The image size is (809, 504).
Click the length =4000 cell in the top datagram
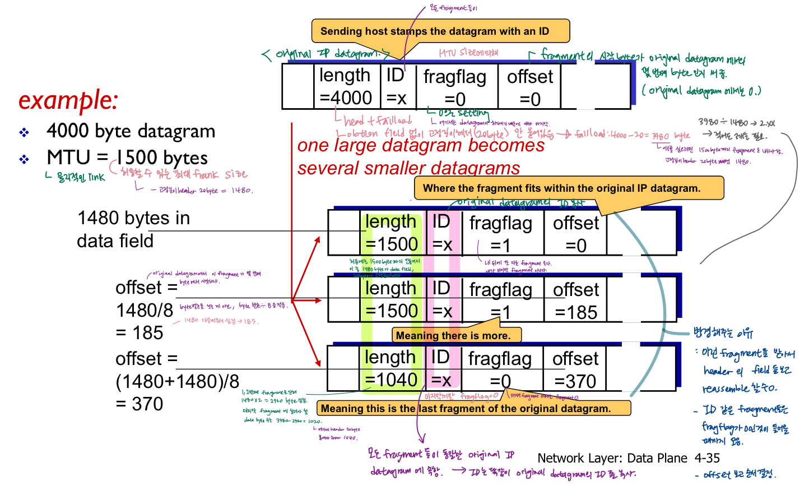click(x=346, y=86)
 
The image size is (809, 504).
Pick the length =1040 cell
click(x=391, y=368)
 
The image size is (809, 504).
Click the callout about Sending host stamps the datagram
click(x=435, y=31)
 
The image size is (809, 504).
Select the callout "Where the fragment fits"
click(x=562, y=188)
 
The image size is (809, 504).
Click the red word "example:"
click(x=68, y=100)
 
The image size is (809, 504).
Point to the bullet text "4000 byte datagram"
click(x=131, y=131)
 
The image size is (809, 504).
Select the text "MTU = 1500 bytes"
click(x=127, y=158)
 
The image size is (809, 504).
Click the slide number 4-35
click(x=707, y=458)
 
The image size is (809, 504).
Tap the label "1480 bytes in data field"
click(x=133, y=229)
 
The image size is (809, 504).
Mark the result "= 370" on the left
click(x=140, y=404)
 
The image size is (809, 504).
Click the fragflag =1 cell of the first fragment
click(x=501, y=234)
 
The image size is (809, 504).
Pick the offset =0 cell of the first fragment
click(x=575, y=234)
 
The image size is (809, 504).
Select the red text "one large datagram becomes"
click(x=421, y=146)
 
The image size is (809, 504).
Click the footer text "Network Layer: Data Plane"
click(x=612, y=458)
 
